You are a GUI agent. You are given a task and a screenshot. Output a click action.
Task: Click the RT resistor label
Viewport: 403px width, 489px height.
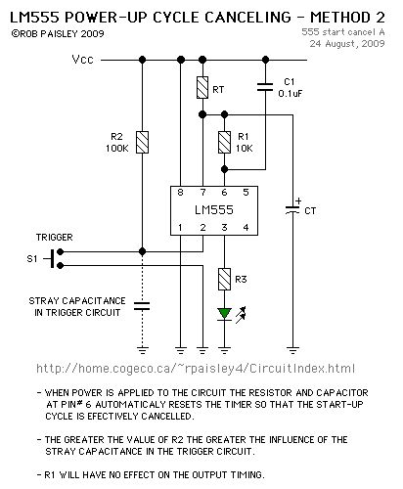click(x=218, y=89)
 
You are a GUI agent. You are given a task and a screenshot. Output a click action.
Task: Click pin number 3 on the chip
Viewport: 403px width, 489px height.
click(x=223, y=227)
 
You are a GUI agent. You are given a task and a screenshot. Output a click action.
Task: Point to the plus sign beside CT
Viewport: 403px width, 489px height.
click(x=297, y=204)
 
